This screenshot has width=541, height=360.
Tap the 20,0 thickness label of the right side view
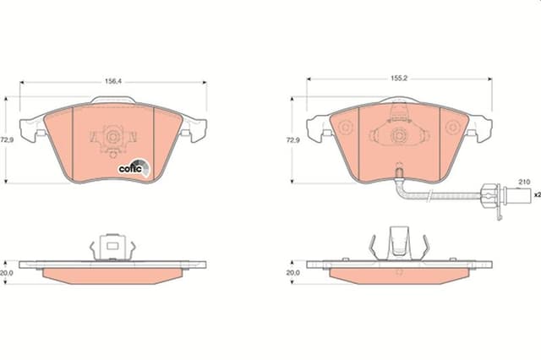tap(292, 273)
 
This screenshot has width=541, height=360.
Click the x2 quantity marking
tap(534, 195)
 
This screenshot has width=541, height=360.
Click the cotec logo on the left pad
tap(133, 167)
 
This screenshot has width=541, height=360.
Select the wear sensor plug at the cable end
tap(493, 195)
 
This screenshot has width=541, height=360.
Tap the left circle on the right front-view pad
tap(345, 128)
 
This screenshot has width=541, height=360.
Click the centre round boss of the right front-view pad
tap(399, 134)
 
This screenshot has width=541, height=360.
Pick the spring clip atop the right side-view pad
tap(399, 246)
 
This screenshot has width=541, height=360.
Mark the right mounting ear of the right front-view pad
tap(481, 128)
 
